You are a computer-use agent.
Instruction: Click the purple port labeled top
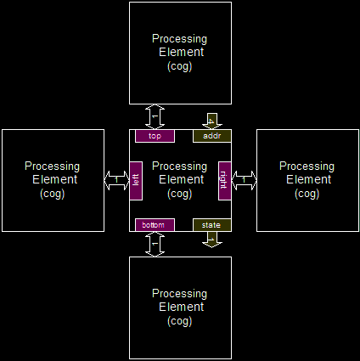coord(155,136)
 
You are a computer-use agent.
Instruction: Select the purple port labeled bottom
coord(155,225)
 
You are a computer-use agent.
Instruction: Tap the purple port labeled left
coord(136,181)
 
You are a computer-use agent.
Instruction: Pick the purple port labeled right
coord(225,181)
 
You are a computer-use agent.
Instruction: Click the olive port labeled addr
coord(212,136)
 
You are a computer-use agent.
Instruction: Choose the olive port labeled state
coord(212,225)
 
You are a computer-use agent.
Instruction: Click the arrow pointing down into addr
coord(212,121)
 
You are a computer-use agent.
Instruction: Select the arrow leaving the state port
coord(212,240)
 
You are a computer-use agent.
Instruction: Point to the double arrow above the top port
coord(155,117)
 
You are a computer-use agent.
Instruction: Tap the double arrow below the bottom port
coord(155,244)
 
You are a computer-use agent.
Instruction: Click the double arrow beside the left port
coord(116,180)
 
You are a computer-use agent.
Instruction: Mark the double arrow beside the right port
coord(244,180)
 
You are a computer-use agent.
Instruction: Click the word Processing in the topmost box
coord(179,39)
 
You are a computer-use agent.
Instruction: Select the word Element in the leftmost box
coord(54,179)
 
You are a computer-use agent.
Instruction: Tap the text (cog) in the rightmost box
coord(307,194)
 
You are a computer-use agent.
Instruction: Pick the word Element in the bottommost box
coord(182,307)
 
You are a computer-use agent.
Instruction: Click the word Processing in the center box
coord(179,166)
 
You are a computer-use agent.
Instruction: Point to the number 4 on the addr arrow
coord(211,121)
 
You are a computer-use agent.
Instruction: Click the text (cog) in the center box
coord(180,194)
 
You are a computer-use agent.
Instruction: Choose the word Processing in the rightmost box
coord(307,166)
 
